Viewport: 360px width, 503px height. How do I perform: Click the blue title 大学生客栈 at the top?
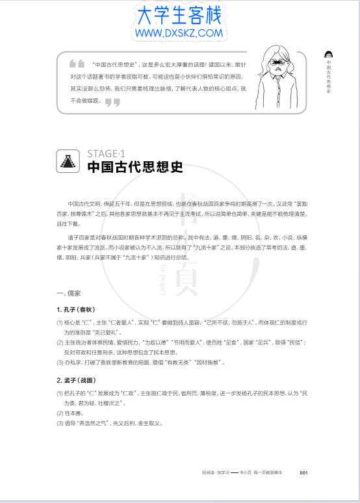pyautogui.click(x=179, y=14)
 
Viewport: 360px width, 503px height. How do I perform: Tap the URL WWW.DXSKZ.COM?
pyautogui.click(x=179, y=32)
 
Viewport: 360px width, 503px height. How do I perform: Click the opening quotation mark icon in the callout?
pyautogui.click(x=77, y=64)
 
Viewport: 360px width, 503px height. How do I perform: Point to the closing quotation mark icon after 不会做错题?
pyautogui.click(x=112, y=101)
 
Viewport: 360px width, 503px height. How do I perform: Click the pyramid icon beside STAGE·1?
pyautogui.click(x=68, y=161)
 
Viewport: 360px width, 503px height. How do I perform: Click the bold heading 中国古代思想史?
pyautogui.click(x=136, y=167)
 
